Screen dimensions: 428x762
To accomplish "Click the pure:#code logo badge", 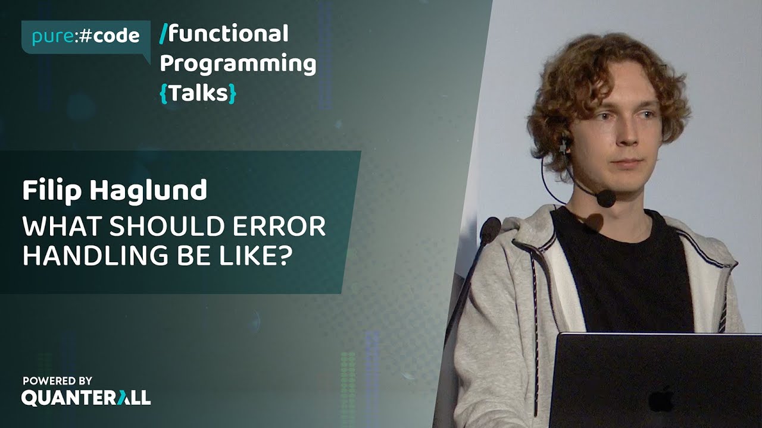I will pyautogui.click(x=85, y=36).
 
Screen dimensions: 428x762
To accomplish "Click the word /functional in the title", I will pyautogui.click(x=224, y=34).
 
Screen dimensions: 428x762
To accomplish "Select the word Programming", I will pyautogui.click(x=238, y=64).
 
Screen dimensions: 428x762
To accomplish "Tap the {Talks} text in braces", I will pyautogui.click(x=198, y=93).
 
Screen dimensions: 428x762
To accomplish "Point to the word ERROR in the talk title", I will pyautogui.click(x=285, y=227).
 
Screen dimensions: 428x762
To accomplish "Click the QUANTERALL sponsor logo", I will pyautogui.click(x=86, y=398).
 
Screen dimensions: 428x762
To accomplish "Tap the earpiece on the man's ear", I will pyautogui.click(x=565, y=144).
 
